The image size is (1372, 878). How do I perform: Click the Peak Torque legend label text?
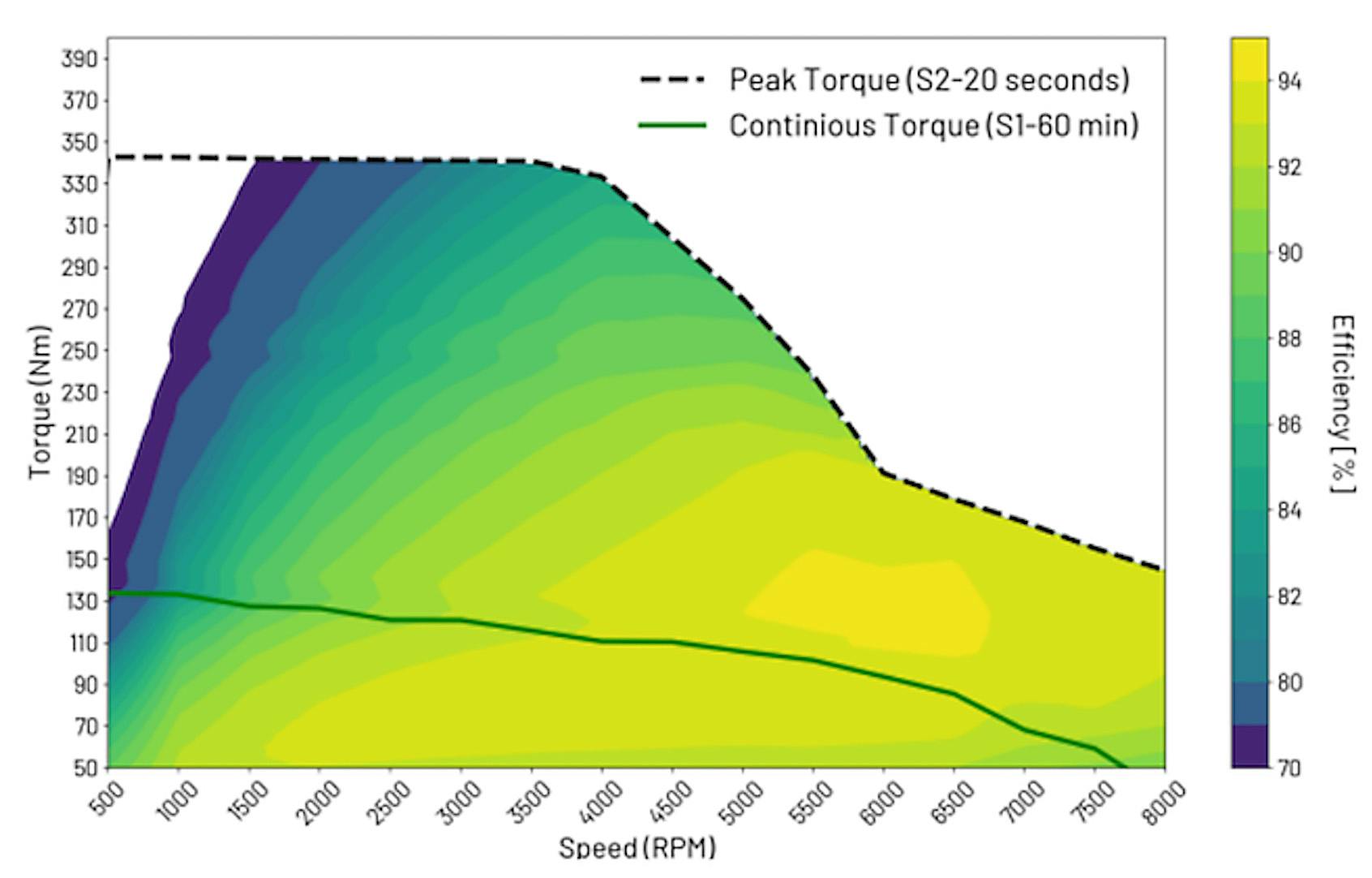pyautogui.click(x=928, y=80)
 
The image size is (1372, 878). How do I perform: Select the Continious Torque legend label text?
pyautogui.click(x=933, y=126)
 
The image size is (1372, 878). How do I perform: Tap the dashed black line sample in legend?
pyautogui.click(x=672, y=80)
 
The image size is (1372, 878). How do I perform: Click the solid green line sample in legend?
pyautogui.click(x=672, y=126)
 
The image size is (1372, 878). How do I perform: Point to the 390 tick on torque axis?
pyautogui.click(x=79, y=58)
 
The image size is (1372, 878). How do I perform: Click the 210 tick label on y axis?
pyautogui.click(x=79, y=435)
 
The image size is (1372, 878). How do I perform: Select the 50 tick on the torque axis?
pyautogui.click(x=84, y=768)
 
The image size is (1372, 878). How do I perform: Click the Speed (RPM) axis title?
pyautogui.click(x=637, y=848)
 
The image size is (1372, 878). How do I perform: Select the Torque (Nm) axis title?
pyautogui.click(x=41, y=402)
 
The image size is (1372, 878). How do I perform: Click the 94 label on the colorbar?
pyautogui.click(x=1289, y=81)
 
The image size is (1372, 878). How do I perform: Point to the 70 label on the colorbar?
pyautogui.click(x=1289, y=768)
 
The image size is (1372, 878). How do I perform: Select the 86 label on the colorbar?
pyautogui.click(x=1289, y=424)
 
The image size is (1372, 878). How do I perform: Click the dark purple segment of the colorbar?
pyautogui.click(x=1249, y=746)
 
